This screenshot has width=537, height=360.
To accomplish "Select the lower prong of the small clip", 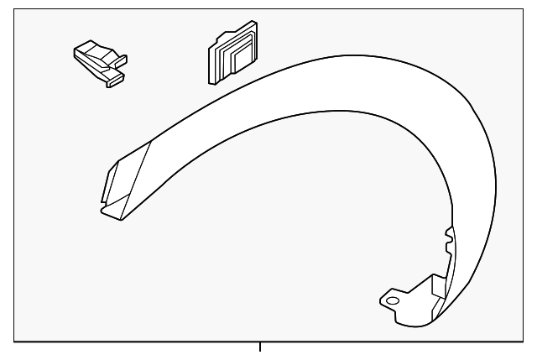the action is click(x=114, y=80).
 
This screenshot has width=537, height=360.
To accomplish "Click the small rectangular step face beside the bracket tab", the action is click(x=437, y=286).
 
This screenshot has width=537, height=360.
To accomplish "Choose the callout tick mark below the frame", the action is click(x=260, y=346).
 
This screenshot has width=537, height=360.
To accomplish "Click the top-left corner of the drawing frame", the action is click(x=15, y=9).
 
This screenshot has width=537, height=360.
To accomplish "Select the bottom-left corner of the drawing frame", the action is click(x=15, y=339).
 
